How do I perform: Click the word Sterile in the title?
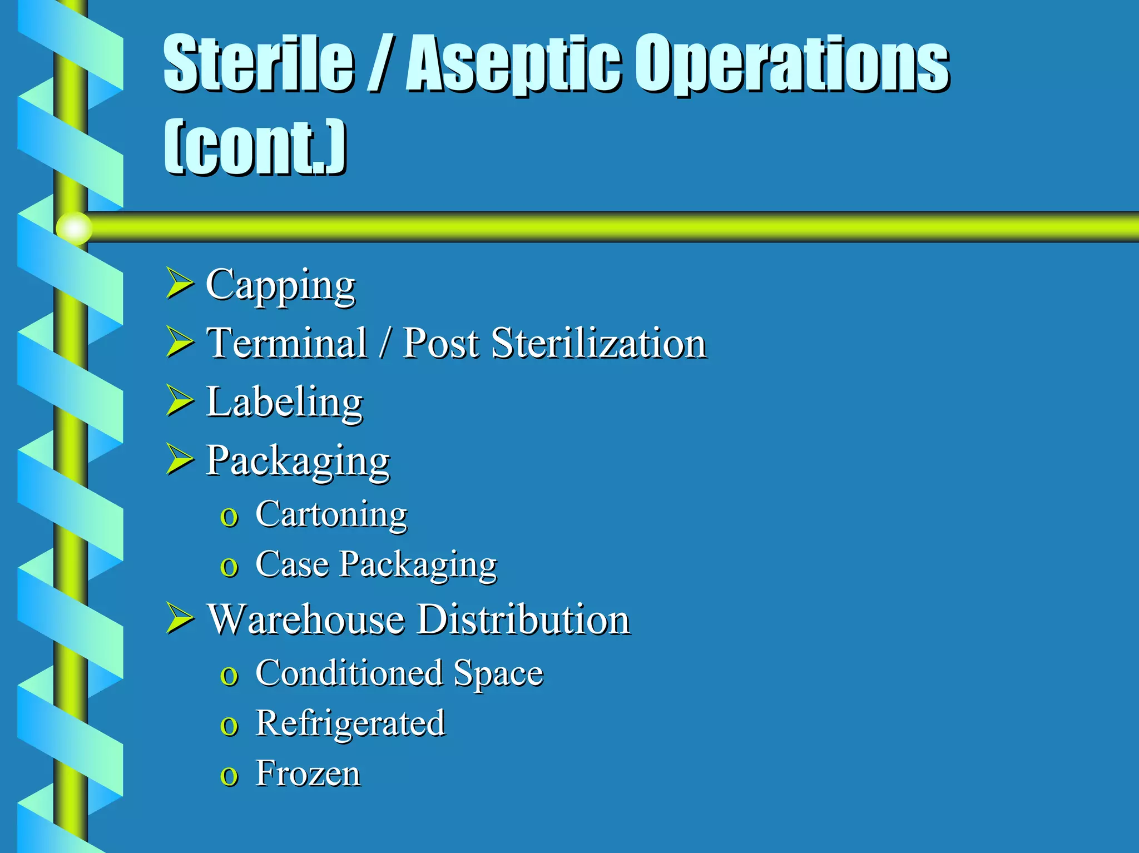point(259,62)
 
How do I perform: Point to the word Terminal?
point(286,343)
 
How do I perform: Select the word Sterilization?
point(599,343)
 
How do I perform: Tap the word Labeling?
point(284,403)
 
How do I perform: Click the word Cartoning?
point(331,514)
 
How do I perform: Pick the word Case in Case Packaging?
point(292,564)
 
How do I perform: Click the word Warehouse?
point(306,619)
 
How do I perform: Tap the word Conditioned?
point(349,673)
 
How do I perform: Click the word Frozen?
point(308,773)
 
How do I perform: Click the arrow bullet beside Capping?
point(179,282)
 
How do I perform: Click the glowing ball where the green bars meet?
point(74,228)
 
